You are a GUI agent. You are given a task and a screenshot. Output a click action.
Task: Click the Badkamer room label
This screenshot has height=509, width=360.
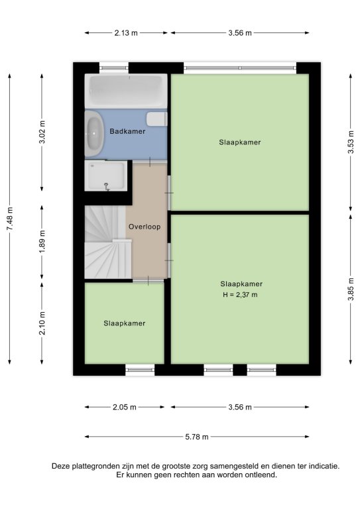[127, 131]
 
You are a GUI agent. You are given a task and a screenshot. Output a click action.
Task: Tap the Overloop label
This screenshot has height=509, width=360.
[145, 227]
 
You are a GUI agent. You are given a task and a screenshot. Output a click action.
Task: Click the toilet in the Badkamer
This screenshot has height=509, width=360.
[156, 119]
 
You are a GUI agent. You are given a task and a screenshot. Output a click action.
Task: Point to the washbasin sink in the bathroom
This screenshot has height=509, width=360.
[94, 133]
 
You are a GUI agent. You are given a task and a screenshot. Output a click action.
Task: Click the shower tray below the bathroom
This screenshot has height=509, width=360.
[106, 176]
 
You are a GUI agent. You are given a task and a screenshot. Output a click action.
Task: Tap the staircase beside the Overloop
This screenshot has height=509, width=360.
[108, 242]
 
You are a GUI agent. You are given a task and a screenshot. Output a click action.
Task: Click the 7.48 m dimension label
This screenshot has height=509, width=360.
[10, 219]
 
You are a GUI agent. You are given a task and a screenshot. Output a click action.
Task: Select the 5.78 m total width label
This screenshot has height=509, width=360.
[197, 437]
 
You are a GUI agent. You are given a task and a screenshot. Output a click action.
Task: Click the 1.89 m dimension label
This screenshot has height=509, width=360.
[42, 242]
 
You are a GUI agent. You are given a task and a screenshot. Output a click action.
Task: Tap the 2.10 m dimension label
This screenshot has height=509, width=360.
[42, 323]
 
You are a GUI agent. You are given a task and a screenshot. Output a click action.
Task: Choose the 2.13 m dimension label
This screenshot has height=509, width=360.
[126, 32]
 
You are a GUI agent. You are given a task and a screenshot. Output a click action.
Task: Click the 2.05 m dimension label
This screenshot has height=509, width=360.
[125, 407]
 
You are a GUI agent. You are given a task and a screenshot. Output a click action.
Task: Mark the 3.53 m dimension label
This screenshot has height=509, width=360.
[351, 142]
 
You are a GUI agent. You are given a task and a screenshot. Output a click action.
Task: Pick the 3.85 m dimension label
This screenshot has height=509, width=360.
[351, 289]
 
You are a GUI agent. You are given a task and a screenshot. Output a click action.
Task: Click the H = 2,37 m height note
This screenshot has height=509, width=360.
[240, 295]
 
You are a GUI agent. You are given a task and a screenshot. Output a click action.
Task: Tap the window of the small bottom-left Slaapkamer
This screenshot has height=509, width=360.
[140, 369]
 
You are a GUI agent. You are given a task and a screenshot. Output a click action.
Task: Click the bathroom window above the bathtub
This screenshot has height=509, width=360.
[113, 68]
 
